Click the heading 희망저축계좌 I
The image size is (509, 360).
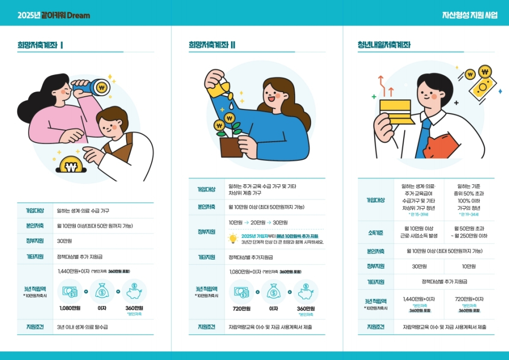coord(40,45)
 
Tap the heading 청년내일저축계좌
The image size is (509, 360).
coord(384,45)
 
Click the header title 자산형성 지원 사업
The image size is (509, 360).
coord(470,15)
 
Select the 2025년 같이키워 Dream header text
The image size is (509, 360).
coord(53,15)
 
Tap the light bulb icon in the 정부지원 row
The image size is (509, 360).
coord(233,239)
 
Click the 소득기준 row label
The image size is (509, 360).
coord(376,232)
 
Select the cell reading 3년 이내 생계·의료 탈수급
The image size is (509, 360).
coord(82,327)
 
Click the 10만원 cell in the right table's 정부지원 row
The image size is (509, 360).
coord(469,266)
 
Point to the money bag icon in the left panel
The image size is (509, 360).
coord(102,292)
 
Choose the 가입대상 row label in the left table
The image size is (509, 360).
coord(35,210)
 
